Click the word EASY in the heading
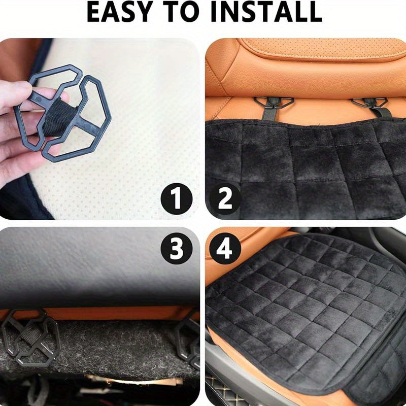[119, 12]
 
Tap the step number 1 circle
[177, 198]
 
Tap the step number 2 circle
[225, 198]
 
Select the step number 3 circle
[177, 249]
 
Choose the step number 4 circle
[225, 249]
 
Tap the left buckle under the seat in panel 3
[31, 338]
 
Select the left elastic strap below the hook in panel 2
[268, 113]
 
